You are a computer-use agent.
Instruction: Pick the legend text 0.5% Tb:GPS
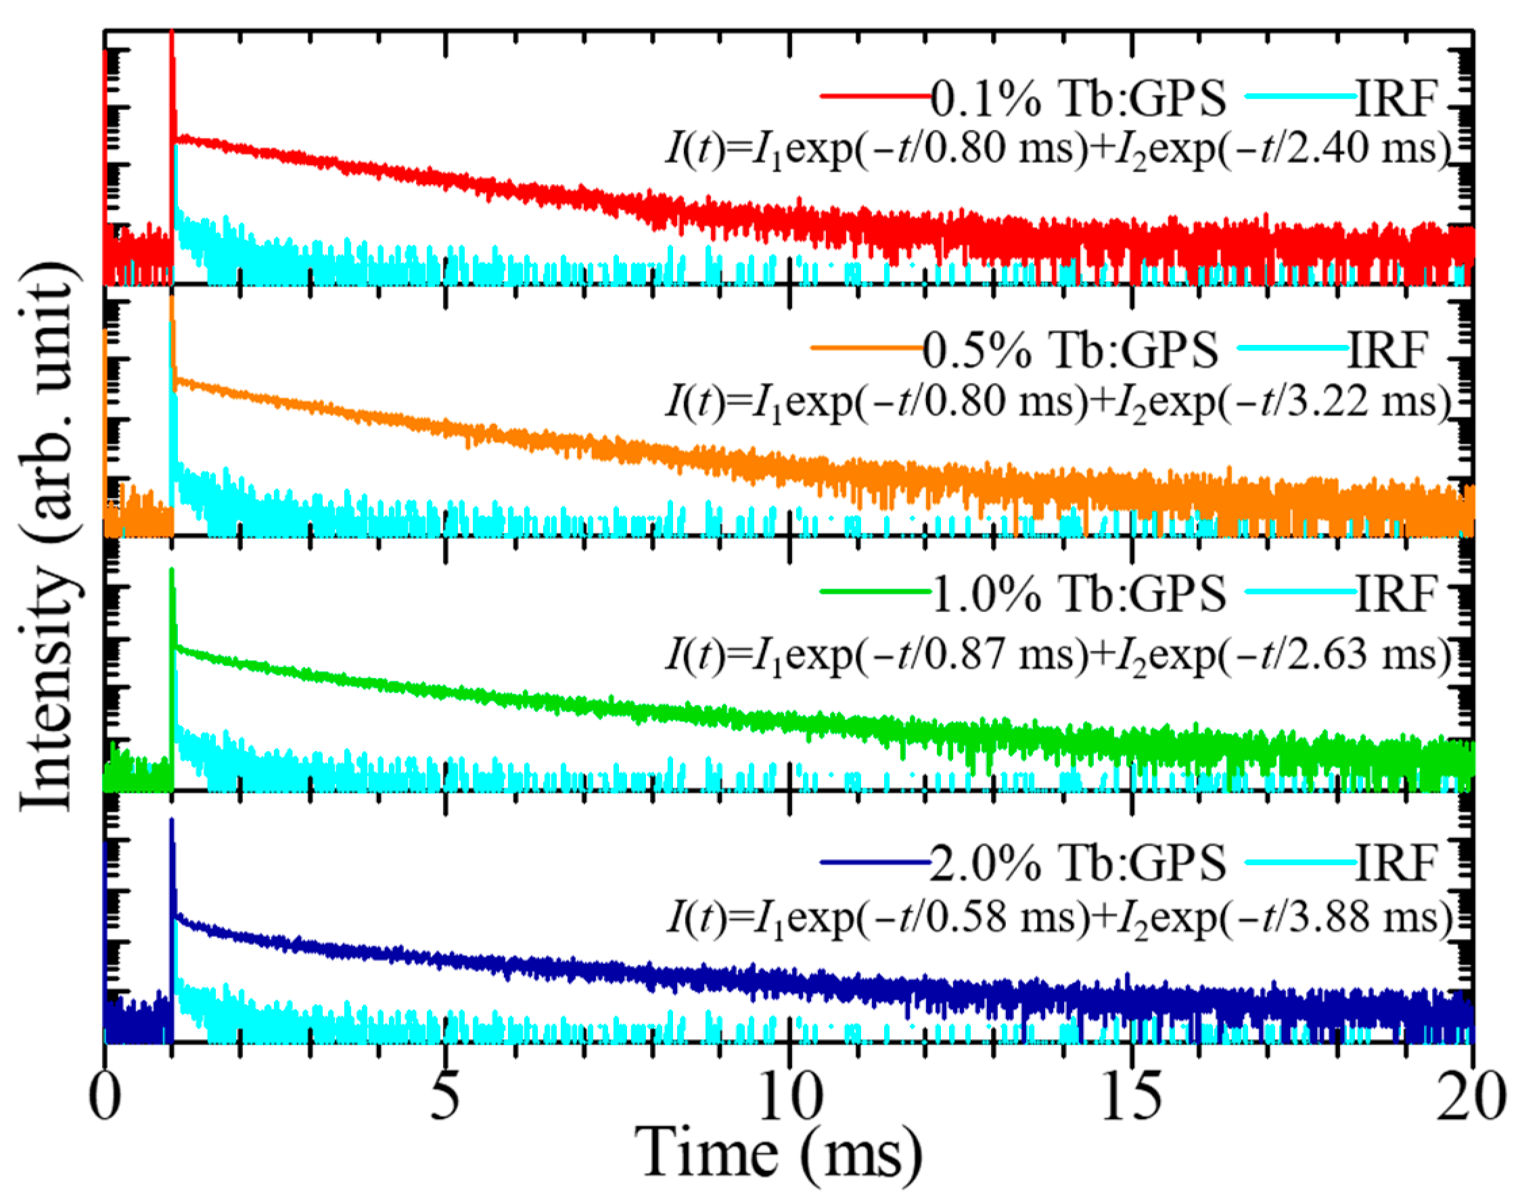[1069, 350]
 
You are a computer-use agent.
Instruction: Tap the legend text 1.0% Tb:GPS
[1078, 594]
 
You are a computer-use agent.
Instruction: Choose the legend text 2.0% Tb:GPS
[1078, 862]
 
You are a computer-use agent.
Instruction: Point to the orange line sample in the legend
[867, 347]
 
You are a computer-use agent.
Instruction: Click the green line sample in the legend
[875, 591]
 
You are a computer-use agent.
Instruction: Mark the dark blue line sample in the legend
[875, 861]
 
